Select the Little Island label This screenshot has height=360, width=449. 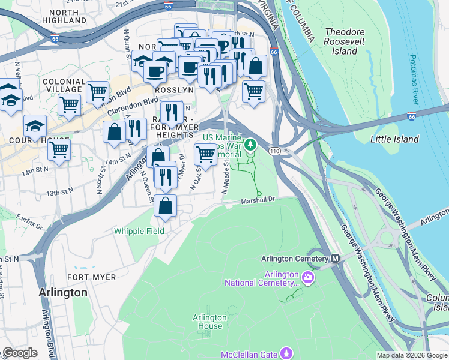point(394,139)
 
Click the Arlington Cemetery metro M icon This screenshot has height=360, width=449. point(336,258)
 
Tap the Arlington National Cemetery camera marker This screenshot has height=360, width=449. point(308,277)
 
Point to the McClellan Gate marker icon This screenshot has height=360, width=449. point(288,353)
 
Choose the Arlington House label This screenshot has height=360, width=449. point(209,322)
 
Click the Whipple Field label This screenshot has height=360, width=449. point(138,230)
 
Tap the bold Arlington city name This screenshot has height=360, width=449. point(62,293)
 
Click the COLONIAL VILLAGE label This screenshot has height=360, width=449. point(64,85)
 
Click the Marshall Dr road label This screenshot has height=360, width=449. point(258,201)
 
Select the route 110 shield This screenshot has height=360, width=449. point(274,149)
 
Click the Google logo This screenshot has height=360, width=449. point(20,353)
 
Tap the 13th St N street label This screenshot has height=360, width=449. point(60,193)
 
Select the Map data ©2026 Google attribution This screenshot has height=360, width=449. point(412,355)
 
